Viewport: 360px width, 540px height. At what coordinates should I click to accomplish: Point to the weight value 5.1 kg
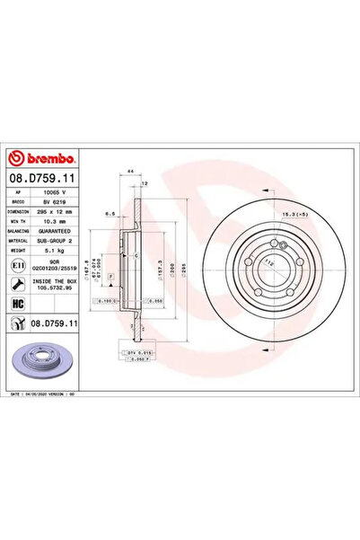pyautogui.click(x=57, y=252)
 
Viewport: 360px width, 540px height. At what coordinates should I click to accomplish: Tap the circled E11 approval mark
pyautogui.click(x=19, y=267)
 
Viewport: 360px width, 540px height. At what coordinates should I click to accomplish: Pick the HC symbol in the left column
pyautogui.click(x=19, y=303)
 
